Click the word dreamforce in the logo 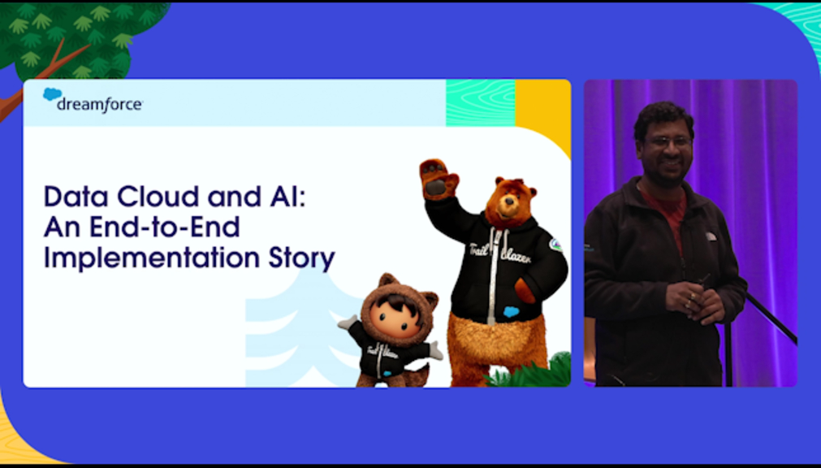[x=100, y=105]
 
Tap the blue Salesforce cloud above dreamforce [x=52, y=94]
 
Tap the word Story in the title [x=301, y=259]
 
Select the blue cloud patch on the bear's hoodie [x=511, y=312]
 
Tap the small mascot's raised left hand [x=347, y=322]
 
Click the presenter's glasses [x=668, y=141]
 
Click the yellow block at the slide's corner [x=543, y=115]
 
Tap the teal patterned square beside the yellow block [x=481, y=102]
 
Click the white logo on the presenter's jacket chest [x=711, y=236]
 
